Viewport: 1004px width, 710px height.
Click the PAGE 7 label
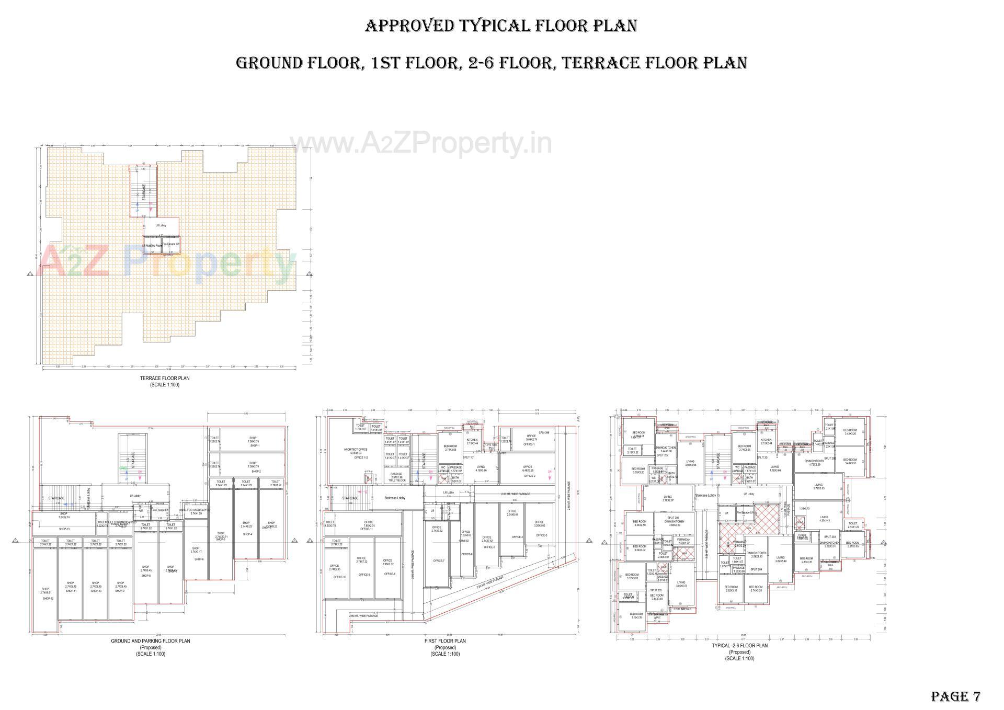(955, 696)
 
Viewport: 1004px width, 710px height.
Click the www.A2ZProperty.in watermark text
(420, 142)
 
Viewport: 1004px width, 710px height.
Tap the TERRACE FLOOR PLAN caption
(165, 378)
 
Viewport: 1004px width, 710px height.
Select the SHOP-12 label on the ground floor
(48, 598)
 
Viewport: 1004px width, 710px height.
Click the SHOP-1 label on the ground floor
(255, 446)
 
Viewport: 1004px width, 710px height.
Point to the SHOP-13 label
(64, 529)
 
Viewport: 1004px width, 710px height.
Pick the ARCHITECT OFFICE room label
(356, 449)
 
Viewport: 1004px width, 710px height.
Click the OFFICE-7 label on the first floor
(439, 561)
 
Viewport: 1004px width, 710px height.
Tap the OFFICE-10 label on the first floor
(340, 577)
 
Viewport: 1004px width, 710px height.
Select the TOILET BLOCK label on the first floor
(397, 480)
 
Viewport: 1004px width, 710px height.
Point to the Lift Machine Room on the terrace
(153, 245)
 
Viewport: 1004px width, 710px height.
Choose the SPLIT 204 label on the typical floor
(756, 569)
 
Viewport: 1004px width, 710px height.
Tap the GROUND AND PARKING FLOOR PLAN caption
(151, 640)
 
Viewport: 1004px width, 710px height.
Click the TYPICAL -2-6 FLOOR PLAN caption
(739, 646)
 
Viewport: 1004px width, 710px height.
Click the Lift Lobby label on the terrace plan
(161, 225)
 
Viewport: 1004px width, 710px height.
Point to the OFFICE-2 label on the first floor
(530, 476)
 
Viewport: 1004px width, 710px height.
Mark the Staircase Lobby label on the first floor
(395, 498)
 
